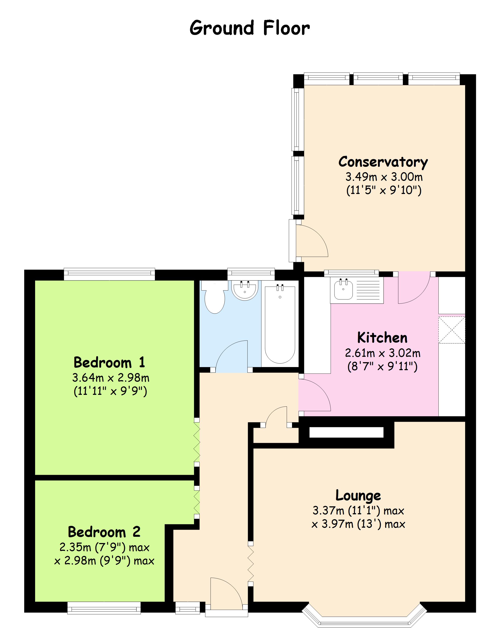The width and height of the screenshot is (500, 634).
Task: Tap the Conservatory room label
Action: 383,162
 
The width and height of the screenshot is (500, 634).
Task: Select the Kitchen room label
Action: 382,338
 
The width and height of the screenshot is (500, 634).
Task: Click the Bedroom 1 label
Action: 110,362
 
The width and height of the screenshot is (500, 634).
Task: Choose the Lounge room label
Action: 358,495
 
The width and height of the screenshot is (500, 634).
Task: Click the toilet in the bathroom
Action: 215,297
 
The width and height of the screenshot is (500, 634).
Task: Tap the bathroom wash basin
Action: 245,290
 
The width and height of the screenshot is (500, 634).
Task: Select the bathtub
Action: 280,324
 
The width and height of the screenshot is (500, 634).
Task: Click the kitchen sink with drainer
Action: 357,290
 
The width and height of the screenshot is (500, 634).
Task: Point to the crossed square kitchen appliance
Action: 452,330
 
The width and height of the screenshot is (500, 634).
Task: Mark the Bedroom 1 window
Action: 110,274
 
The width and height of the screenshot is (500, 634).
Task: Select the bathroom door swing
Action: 231,356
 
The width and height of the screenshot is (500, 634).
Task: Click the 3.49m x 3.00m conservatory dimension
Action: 384,177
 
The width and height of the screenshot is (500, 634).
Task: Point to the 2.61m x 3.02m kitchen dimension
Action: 383,353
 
